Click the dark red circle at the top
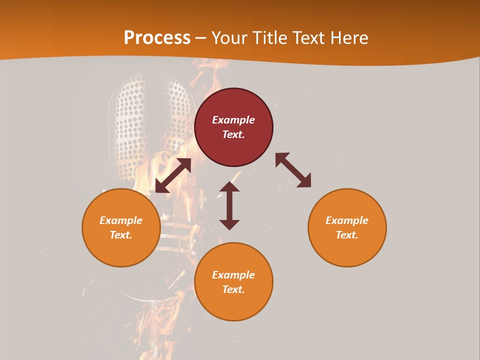tap(233, 127)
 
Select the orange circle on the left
tap(121, 227)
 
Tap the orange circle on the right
tap(347, 227)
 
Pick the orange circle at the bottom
tap(233, 282)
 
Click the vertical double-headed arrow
tap(229, 205)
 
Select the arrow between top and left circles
tap(173, 175)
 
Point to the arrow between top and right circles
tap(293, 170)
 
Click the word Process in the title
tap(157, 38)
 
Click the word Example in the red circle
tap(233, 120)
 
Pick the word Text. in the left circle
tap(121, 235)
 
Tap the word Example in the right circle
tap(347, 220)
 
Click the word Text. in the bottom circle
tap(233, 289)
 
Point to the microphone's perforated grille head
tap(150, 125)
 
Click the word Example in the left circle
tap(121, 220)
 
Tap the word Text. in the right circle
tap(347, 235)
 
